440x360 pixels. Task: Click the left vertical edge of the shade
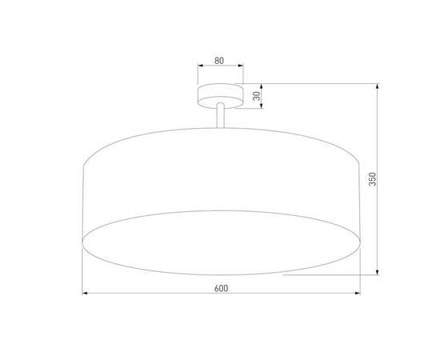coord(83,200)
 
